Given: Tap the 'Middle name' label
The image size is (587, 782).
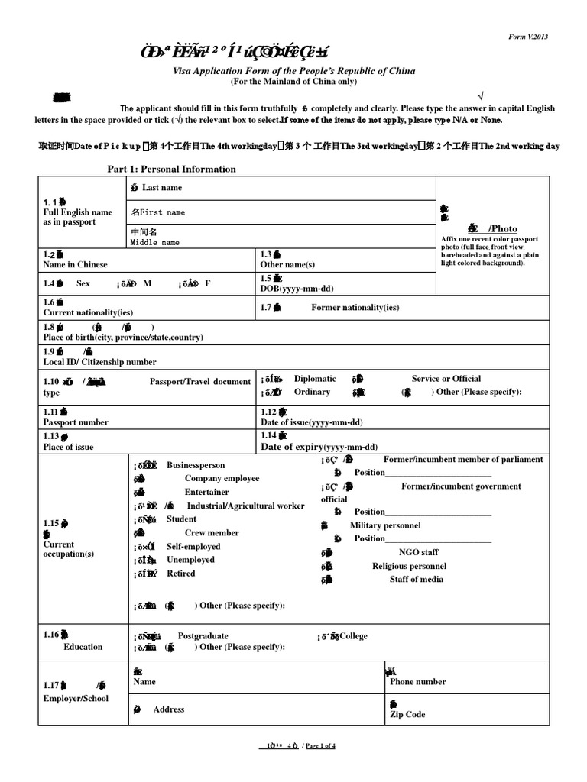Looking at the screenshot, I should (x=154, y=242).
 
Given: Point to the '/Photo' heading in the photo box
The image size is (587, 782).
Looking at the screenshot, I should (x=502, y=228).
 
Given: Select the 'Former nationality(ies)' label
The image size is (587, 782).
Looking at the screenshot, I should (x=355, y=308).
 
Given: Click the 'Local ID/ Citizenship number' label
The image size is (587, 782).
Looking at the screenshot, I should (x=99, y=362).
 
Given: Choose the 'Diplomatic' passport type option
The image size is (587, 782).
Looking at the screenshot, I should (x=315, y=379).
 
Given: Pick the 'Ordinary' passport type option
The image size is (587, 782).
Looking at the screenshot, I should (x=312, y=392).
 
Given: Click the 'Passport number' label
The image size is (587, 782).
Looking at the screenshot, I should (x=76, y=422).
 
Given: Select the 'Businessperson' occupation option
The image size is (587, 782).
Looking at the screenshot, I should (x=196, y=465).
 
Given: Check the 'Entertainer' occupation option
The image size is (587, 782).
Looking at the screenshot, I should (x=206, y=493).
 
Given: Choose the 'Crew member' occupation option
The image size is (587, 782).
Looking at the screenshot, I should (x=212, y=533).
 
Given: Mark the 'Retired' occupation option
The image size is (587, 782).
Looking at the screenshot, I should (x=181, y=574).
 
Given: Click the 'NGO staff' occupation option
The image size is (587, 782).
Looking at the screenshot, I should (x=419, y=552).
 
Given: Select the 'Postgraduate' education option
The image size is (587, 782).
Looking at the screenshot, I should (x=203, y=635).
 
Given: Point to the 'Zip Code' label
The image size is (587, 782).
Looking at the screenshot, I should (x=407, y=715).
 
